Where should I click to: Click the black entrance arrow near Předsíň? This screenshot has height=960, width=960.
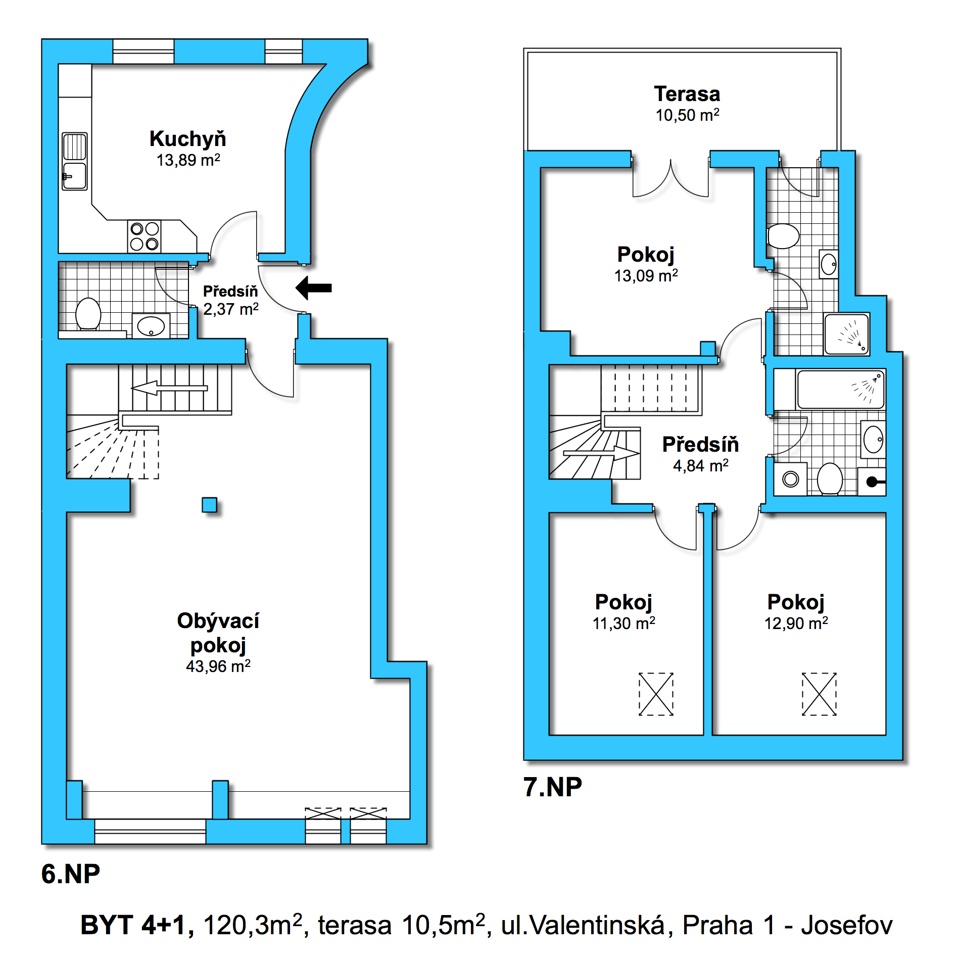tap(313, 288)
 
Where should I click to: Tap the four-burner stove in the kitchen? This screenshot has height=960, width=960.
tap(145, 236)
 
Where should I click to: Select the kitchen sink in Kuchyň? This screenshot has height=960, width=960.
tap(74, 161)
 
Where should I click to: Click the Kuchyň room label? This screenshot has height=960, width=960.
tap(188, 139)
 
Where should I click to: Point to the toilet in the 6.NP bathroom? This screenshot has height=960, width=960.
tap(88, 314)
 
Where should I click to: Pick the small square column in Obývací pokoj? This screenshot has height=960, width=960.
tap(209, 505)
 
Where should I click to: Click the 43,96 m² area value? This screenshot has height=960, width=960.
tap(218, 666)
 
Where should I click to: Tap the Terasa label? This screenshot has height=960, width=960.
tap(687, 94)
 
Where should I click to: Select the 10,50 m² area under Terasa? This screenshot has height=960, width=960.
tap(687, 115)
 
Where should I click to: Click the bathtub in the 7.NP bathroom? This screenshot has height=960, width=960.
tap(841, 389)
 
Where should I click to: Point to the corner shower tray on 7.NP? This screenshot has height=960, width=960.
tap(846, 334)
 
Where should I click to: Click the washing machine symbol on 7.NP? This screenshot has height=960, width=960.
tap(791, 479)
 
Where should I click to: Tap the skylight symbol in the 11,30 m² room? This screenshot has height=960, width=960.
tap(656, 694)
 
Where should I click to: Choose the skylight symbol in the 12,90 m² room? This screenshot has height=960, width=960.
tap(819, 694)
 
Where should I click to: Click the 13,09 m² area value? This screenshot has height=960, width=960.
tap(646, 276)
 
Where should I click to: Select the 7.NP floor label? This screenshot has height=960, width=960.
tap(553, 787)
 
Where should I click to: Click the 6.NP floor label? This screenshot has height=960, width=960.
tap(71, 874)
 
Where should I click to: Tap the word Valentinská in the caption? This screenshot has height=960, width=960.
tap(597, 926)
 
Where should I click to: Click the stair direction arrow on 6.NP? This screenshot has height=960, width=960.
tap(169, 388)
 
